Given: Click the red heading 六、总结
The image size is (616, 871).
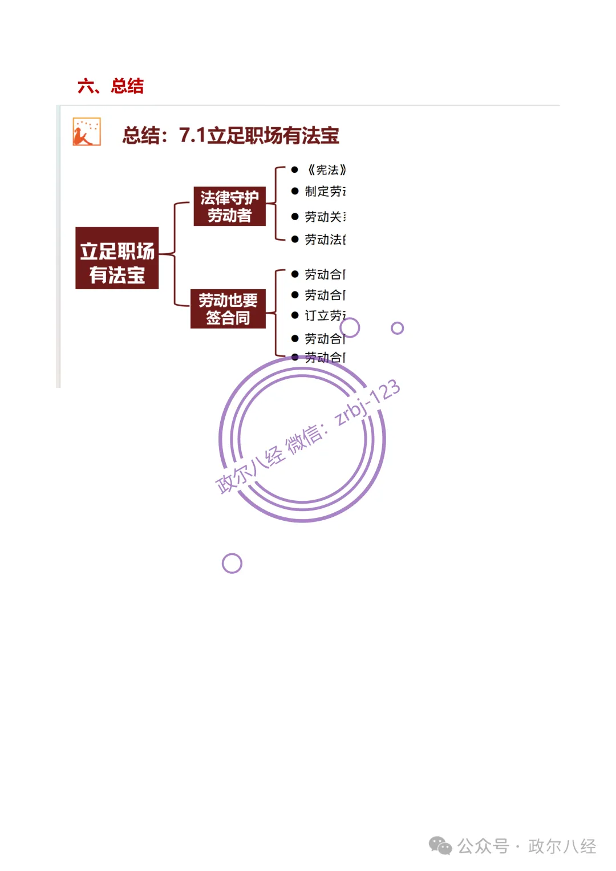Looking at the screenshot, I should pos(110,86).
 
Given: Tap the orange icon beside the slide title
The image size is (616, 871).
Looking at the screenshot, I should pos(87,132).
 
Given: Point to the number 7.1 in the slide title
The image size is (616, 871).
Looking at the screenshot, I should pos(192,136).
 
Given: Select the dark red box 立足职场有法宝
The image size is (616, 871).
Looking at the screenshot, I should pos(117,258).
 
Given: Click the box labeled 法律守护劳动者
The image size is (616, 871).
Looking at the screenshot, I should pos(229,206).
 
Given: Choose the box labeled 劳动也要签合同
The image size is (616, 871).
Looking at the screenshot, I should pos(228,309).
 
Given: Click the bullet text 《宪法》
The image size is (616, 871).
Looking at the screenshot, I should pos(326,170).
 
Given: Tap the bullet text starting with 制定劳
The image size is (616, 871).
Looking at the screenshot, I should pos(325,192).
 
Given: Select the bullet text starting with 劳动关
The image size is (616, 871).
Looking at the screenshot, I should pos(325,217).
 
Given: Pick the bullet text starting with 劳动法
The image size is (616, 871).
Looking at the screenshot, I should pos(325,240).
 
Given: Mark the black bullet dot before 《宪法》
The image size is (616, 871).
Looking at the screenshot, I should pos(294,170).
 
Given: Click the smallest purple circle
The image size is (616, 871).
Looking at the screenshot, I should pos(397,328).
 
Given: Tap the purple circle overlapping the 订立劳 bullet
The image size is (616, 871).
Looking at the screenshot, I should pos(350,327).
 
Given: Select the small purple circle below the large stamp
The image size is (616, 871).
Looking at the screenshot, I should pos(232,564).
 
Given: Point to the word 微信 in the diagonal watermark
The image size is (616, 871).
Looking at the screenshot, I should pos(303,440).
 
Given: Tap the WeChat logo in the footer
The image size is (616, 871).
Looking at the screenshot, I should pos(440,846).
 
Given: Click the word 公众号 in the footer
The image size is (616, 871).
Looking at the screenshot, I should pos(483,846).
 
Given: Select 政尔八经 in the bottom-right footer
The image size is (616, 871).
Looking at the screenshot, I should pos(562,846).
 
